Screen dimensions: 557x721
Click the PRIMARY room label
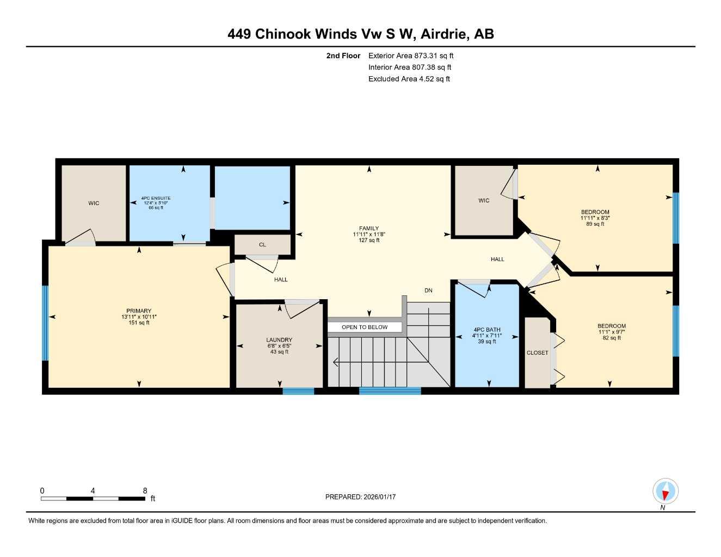coord(139,311)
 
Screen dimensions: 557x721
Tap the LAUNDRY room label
coord(279,340)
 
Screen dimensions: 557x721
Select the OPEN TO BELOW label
coord(365,327)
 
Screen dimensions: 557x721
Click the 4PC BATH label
coord(486,330)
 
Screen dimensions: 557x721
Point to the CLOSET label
coord(537,352)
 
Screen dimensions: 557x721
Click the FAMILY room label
coord(368,228)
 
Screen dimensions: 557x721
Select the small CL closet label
coord(262,245)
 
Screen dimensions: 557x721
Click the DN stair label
coord(428,290)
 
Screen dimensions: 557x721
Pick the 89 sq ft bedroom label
coord(595,212)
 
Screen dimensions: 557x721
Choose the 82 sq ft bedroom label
coord(611,326)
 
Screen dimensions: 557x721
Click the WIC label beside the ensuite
coord(94,203)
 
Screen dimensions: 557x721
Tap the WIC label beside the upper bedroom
coord(484,201)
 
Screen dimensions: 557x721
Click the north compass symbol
coord(665,492)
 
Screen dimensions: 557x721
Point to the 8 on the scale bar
coord(145,491)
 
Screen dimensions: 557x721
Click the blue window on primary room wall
coord(45,323)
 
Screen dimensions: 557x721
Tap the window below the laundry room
coord(298,391)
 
